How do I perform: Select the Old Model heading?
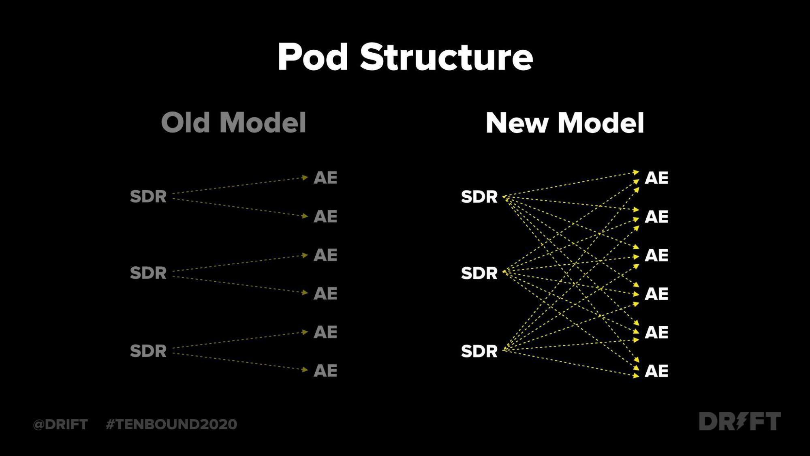tap(233, 122)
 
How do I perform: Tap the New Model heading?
tap(565, 123)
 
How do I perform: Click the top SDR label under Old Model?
tap(148, 197)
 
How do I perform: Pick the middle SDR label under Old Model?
tap(148, 273)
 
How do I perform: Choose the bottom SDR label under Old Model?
tap(148, 351)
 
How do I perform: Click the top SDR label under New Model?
tap(479, 197)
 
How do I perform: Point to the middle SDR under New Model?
tap(479, 273)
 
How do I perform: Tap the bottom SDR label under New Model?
tap(479, 351)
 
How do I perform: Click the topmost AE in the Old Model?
tap(325, 178)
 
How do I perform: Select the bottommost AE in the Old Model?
tap(325, 370)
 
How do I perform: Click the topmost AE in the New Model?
tap(656, 178)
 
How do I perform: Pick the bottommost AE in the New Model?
tap(656, 371)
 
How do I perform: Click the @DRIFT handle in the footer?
tap(60, 424)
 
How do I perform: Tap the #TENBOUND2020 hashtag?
tap(171, 424)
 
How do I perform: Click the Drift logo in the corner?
tap(740, 421)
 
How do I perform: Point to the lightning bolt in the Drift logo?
tap(741, 421)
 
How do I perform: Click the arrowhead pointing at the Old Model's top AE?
tap(305, 177)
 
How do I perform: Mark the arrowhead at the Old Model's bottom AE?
tap(305, 369)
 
